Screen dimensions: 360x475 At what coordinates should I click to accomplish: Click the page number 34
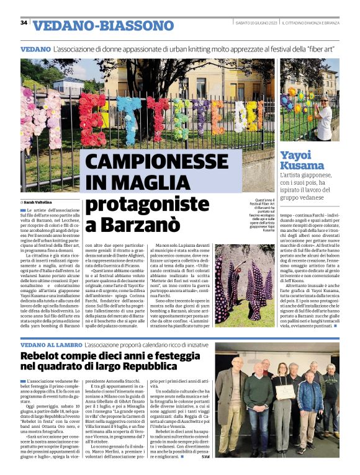click(24, 23)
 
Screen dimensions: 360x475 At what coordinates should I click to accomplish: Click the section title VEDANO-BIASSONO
click(103, 25)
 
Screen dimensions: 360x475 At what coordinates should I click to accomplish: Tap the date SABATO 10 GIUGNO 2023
click(255, 24)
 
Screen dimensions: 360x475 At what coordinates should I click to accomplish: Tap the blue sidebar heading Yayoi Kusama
click(302, 161)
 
